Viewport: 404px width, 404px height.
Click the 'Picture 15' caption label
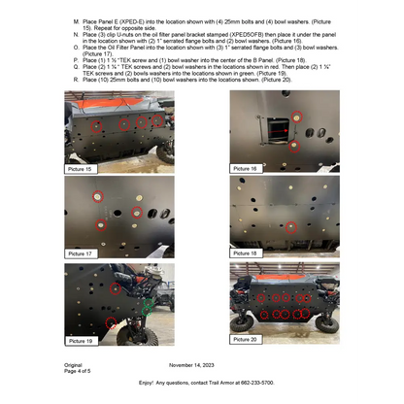(x=84, y=168)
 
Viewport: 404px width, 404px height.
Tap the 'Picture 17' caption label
(x=84, y=252)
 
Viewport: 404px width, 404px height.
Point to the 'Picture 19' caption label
(x=84, y=341)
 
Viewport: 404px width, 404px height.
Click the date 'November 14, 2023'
(x=194, y=365)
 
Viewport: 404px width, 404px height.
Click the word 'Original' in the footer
(x=75, y=365)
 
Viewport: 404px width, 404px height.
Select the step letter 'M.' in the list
(x=77, y=19)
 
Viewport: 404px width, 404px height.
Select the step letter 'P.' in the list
(x=77, y=59)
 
